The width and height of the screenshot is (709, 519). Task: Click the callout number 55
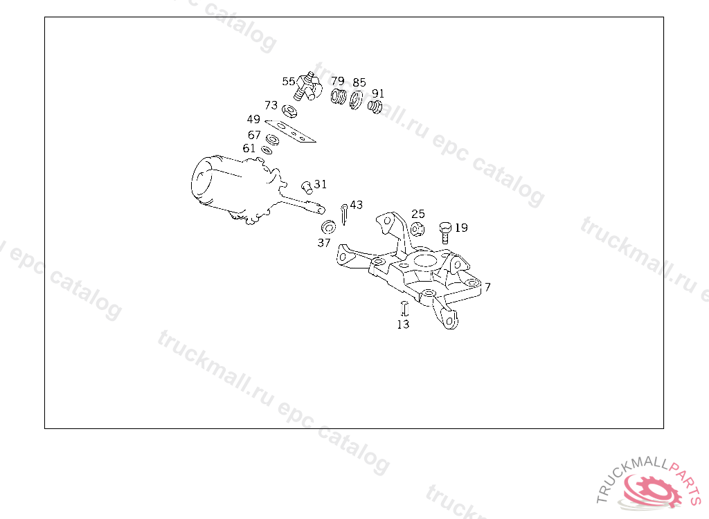289,82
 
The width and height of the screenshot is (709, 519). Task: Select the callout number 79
338,81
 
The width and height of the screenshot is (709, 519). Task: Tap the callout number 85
359,82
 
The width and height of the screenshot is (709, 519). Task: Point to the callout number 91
378,93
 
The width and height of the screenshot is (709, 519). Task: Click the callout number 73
271,105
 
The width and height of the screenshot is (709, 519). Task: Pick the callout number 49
253,119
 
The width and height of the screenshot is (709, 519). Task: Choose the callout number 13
403,324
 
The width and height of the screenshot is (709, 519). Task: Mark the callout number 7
487,287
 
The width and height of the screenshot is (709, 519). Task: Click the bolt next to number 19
445,233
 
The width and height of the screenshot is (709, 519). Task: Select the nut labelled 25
418,229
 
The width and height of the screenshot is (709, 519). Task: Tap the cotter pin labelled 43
343,215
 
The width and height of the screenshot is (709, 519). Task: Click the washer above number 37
328,227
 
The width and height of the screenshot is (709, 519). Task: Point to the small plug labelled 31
307,187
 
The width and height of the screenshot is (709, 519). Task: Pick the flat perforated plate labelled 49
290,131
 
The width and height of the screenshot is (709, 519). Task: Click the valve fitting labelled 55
307,86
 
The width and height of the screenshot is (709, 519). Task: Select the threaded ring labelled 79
338,96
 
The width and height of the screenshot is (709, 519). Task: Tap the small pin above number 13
404,308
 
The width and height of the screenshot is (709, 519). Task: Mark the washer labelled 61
267,150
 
